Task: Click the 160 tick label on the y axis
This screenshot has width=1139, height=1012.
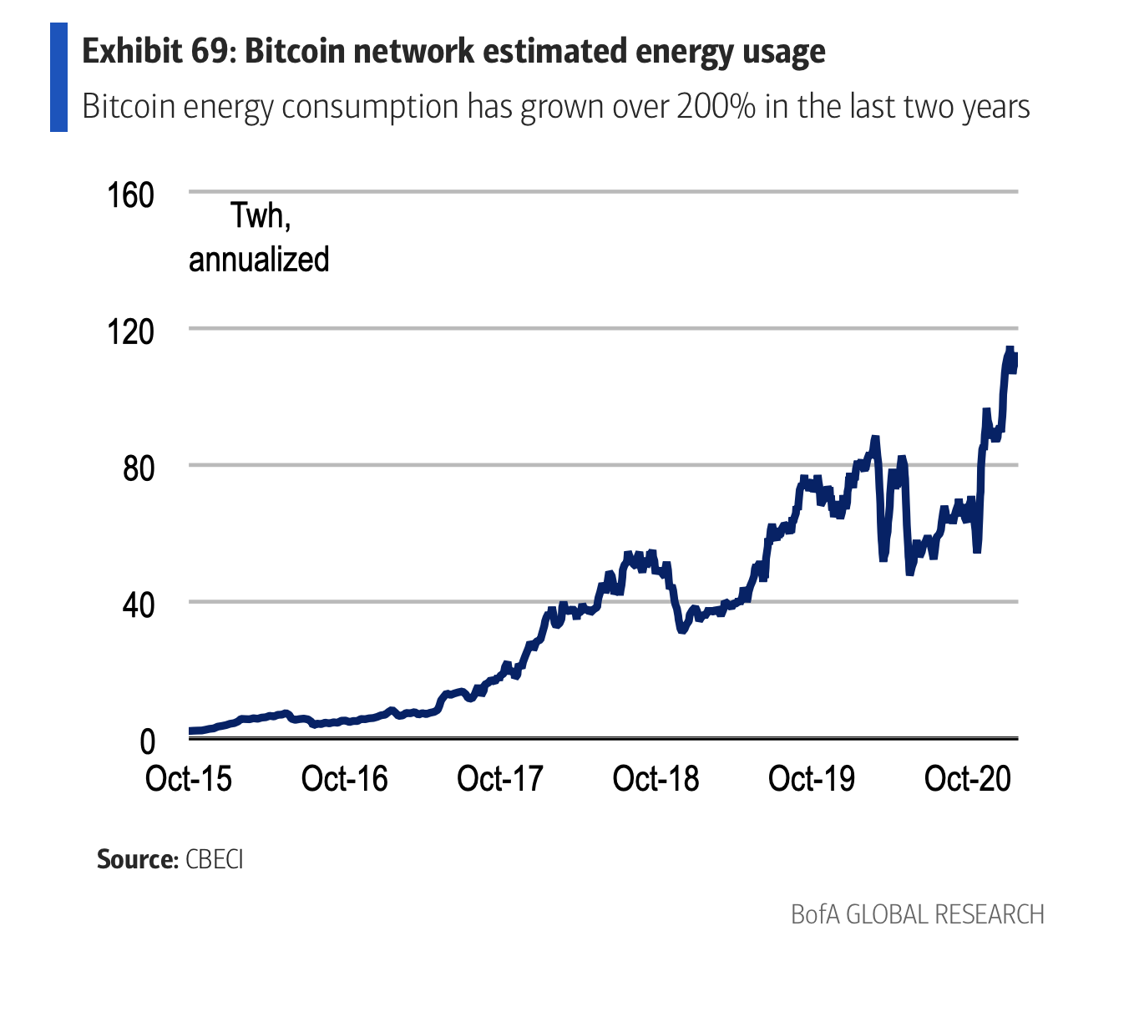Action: click(130, 195)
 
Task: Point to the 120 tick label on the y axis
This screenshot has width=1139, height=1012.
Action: click(130, 332)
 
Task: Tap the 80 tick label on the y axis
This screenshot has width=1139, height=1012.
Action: click(139, 468)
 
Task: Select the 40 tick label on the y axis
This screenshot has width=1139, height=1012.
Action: click(139, 605)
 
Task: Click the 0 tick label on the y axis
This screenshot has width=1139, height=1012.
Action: click(147, 741)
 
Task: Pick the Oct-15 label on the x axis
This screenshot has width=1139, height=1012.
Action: click(189, 779)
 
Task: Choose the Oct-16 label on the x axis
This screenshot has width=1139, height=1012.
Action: click(345, 779)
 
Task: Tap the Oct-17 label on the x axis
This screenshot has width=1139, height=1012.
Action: click(500, 779)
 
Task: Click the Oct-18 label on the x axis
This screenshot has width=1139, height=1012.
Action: click(656, 779)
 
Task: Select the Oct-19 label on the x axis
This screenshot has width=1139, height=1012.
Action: click(812, 779)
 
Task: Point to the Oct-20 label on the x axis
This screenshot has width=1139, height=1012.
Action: click(968, 779)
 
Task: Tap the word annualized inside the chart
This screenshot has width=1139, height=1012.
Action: click(259, 260)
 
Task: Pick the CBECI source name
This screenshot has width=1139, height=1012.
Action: click(215, 859)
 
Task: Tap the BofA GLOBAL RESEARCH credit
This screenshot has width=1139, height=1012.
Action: click(917, 914)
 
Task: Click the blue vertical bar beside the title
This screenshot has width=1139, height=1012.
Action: click(58, 77)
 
